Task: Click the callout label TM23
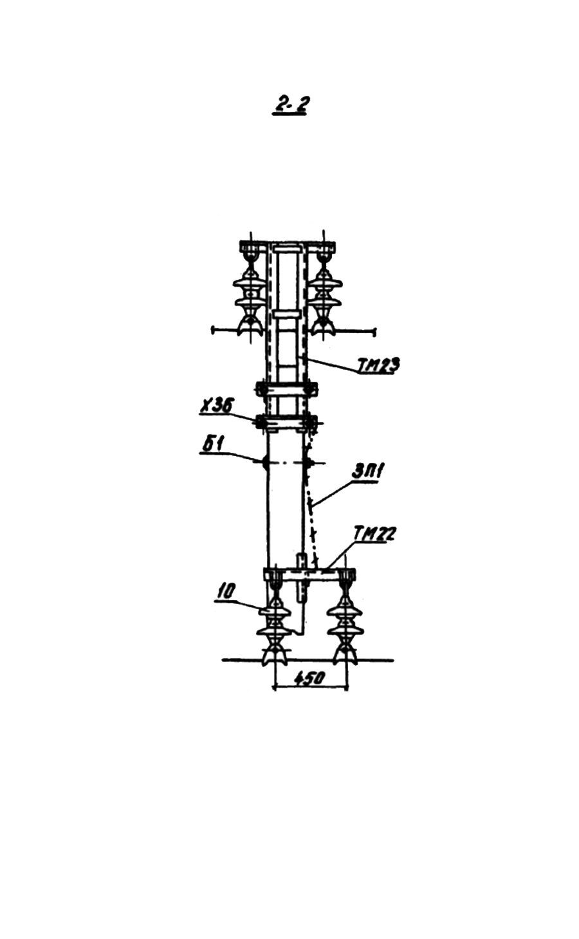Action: pos(378,365)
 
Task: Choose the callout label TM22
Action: pos(375,535)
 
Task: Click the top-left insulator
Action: pos(250,298)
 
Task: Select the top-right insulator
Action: pos(322,298)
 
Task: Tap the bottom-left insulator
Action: pos(274,630)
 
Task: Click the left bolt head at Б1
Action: pos(264,462)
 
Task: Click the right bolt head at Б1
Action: pos(309,463)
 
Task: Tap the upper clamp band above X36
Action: pos(286,390)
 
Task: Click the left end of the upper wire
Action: pos(214,330)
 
